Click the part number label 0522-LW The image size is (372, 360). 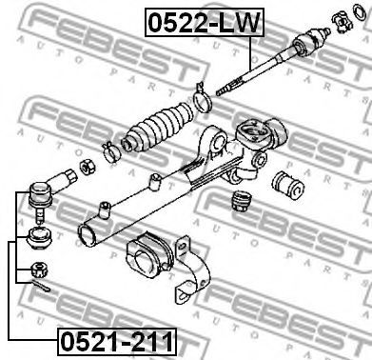click(x=204, y=22)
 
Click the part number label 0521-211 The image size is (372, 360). click(x=117, y=342)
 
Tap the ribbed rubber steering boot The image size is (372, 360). click(x=158, y=126)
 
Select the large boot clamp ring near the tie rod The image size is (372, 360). click(x=202, y=99)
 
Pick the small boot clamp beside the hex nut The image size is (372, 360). click(x=110, y=150)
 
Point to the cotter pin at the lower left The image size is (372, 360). click(x=40, y=287)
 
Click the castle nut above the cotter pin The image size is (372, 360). click(x=39, y=270)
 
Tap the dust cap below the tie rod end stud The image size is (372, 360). click(x=39, y=238)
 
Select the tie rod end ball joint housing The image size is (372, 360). click(x=40, y=194)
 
